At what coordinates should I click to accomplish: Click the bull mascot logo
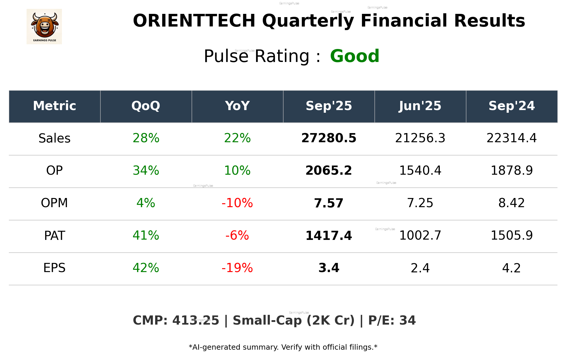[44, 26]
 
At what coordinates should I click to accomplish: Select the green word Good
[355, 56]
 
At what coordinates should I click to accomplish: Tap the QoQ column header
[146, 106]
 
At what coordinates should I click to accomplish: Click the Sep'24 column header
[511, 106]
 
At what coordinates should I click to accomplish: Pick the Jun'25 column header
[420, 106]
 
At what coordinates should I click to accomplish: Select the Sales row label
[55, 138]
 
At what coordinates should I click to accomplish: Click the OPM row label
[55, 203]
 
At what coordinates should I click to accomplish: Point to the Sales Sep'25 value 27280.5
[329, 138]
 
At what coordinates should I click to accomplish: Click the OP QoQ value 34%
[146, 171]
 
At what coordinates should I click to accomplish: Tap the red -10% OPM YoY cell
[237, 203]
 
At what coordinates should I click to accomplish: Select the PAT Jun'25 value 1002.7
[420, 235]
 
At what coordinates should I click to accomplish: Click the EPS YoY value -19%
[237, 268]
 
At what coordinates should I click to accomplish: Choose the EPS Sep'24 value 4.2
[511, 268]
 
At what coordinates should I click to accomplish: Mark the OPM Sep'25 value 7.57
[329, 203]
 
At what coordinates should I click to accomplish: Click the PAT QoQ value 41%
[146, 235]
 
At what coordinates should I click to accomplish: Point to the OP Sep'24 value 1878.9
[511, 171]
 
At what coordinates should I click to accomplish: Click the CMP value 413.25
[196, 320]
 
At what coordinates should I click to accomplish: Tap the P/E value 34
[407, 320]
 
